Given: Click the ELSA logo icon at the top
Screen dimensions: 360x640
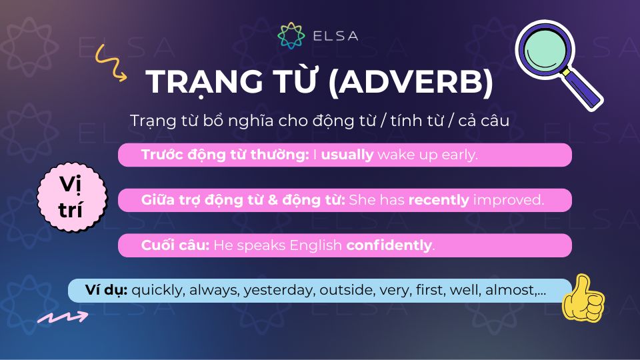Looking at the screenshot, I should click(x=291, y=35).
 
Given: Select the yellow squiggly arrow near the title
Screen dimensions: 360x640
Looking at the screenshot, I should click(x=110, y=62).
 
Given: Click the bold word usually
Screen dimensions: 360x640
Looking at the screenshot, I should click(x=347, y=155).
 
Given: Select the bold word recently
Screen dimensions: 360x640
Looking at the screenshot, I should click(x=438, y=200).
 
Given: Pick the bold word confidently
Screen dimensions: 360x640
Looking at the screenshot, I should click(x=389, y=245).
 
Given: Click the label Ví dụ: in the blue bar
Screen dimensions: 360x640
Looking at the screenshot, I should click(x=107, y=290).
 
